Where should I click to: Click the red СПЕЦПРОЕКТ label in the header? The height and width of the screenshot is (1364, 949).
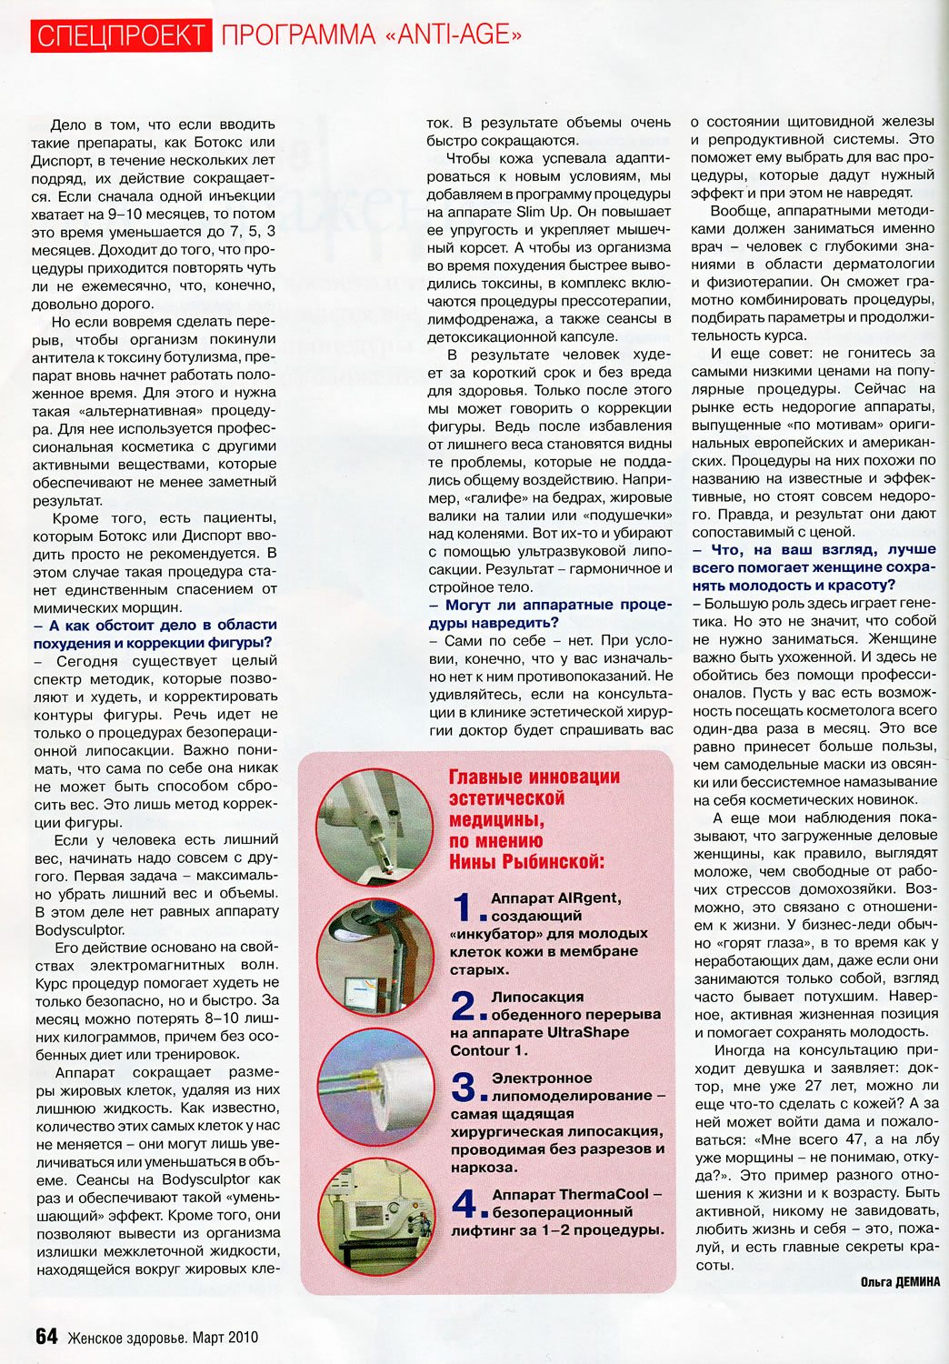pyautogui.click(x=121, y=35)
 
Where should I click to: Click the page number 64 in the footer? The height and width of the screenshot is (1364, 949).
pyautogui.click(x=46, y=1336)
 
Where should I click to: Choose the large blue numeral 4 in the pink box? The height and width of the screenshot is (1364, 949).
pyautogui.click(x=465, y=1203)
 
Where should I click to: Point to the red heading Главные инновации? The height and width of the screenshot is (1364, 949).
pyautogui.click(x=534, y=777)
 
